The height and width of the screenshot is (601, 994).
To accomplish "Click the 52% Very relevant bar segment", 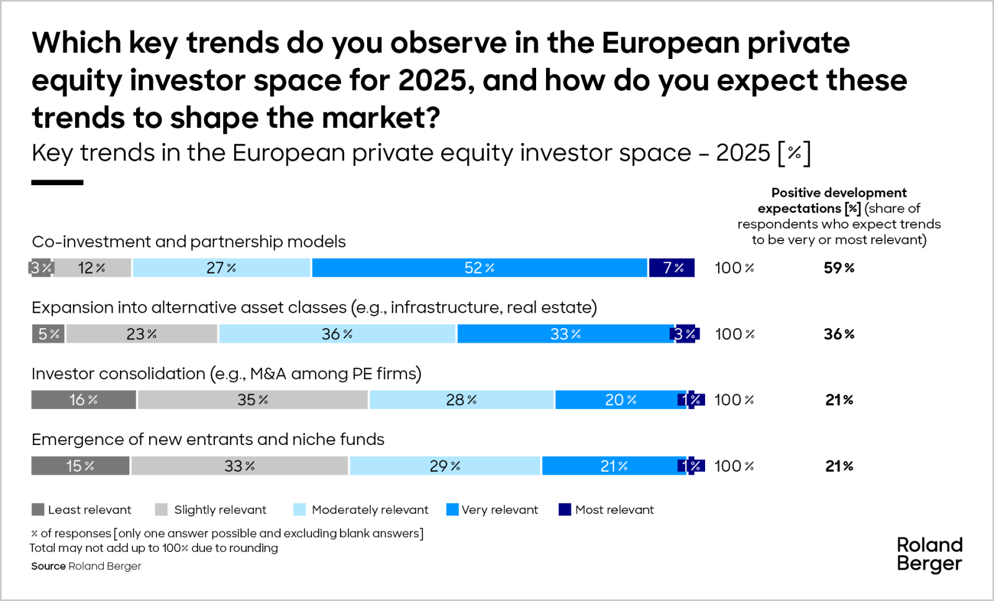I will pyautogui.click(x=479, y=268).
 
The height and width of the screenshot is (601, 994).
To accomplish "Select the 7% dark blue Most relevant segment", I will pyautogui.click(x=672, y=268).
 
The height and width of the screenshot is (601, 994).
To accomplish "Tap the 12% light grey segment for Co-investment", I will pyautogui.click(x=91, y=268).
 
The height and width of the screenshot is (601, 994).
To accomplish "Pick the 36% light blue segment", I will pyautogui.click(x=337, y=334).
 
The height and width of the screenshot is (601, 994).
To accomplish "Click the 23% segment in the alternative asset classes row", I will pyautogui.click(x=142, y=334).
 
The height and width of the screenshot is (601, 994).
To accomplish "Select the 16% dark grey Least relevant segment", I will pyautogui.click(x=83, y=400).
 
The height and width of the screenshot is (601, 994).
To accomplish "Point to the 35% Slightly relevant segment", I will pyautogui.click(x=252, y=400).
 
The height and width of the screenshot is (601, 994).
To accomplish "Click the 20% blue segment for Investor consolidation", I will pyautogui.click(x=620, y=400).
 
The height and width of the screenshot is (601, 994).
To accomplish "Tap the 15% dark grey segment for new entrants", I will pyautogui.click(x=80, y=466).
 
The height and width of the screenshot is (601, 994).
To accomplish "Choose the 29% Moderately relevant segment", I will pyautogui.click(x=444, y=466).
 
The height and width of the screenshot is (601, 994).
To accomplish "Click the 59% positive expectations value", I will pyautogui.click(x=839, y=268).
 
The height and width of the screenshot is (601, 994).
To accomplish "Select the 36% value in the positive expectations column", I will pyautogui.click(x=839, y=334).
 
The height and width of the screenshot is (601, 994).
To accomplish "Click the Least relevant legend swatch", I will pyautogui.click(x=38, y=510).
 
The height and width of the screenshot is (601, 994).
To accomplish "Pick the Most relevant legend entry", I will pyautogui.click(x=606, y=510).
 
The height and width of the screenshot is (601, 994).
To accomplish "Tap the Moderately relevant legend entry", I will pyautogui.click(x=362, y=510).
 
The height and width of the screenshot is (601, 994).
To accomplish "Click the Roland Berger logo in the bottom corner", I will pyautogui.click(x=929, y=554).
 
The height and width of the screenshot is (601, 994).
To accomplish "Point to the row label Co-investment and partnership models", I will pyautogui.click(x=188, y=241).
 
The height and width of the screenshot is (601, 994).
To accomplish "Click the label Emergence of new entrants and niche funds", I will pyautogui.click(x=207, y=439).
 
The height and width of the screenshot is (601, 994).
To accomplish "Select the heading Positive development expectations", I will pyautogui.click(x=839, y=200).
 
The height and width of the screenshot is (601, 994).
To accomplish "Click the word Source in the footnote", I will pyautogui.click(x=48, y=566).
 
